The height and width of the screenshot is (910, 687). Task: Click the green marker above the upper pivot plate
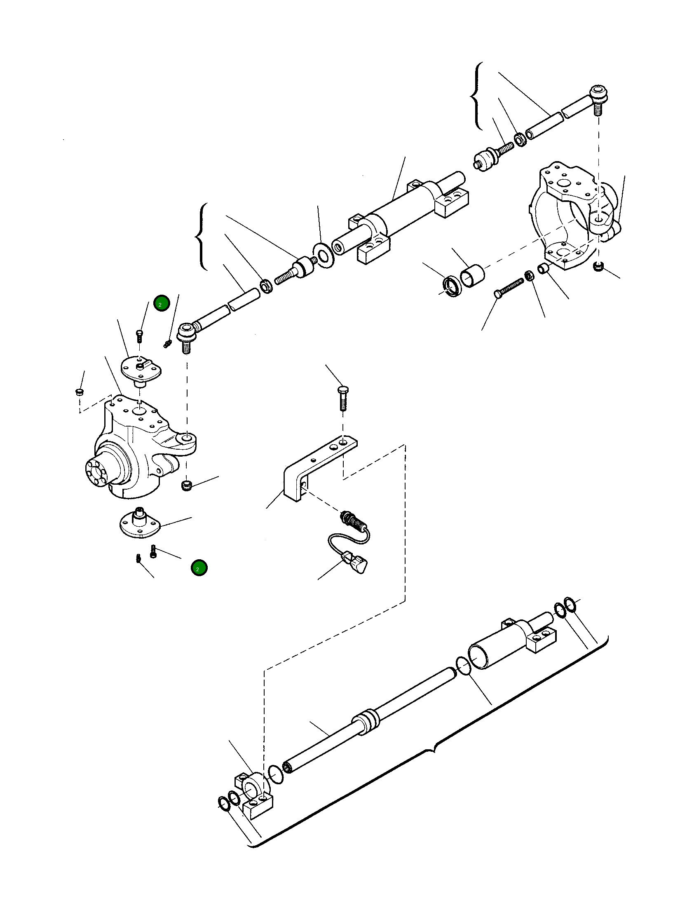(x=161, y=303)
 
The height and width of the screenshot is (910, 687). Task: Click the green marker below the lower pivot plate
(x=199, y=568)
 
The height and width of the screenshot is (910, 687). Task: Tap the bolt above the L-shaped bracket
(x=342, y=397)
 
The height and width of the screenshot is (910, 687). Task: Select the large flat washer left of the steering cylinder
(x=324, y=256)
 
